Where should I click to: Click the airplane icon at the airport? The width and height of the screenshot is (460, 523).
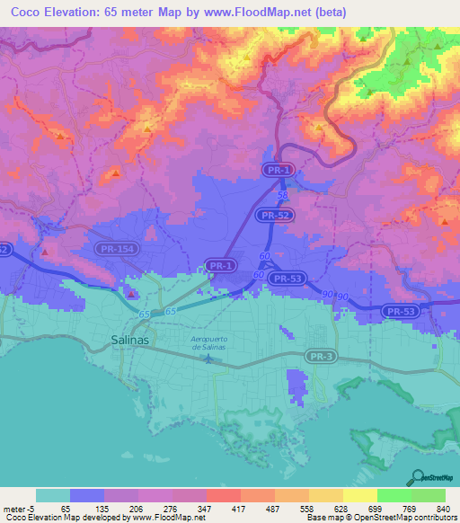pos(209,359)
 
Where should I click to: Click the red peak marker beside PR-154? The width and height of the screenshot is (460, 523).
pos(131,293)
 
